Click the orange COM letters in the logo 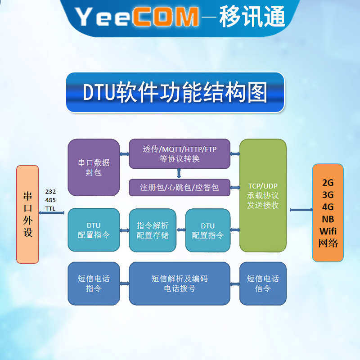pos(165,17)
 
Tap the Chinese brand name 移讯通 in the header pos(252,16)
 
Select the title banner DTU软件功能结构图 pos(175,92)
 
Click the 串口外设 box pos(27,214)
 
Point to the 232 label pos(50,192)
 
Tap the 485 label pos(50,200)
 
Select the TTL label pos(50,208)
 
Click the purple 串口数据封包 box pos(94,167)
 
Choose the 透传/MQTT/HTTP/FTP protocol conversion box pos(180,153)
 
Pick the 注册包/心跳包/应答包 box pos(180,187)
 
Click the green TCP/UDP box pos(263,195)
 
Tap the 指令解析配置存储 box pos(153,230)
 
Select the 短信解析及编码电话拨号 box pos(180,283)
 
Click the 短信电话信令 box pos(263,283)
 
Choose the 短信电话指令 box pos(94,283)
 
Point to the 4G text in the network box pos(328,207)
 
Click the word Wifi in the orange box pos(328,231)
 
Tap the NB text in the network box pos(328,219)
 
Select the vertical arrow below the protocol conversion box pos(179,174)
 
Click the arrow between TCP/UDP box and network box pos(301,210)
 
